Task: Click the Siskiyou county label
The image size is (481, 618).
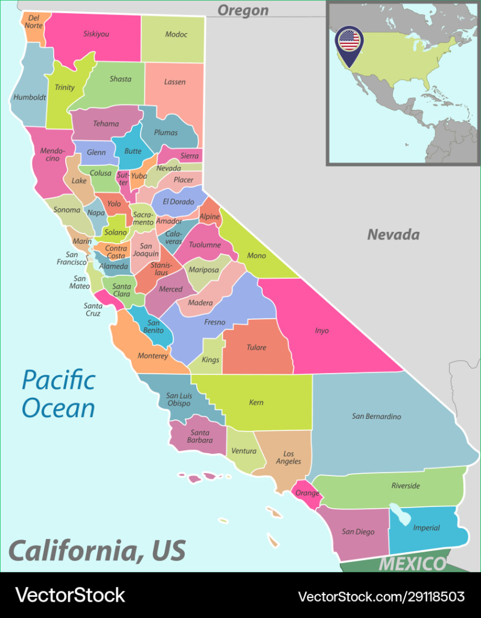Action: (96, 34)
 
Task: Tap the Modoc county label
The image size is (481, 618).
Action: (176, 34)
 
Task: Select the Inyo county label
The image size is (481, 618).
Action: (322, 331)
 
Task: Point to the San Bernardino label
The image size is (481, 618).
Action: (376, 416)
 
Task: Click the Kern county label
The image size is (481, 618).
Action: (256, 403)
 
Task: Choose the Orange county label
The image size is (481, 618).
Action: (307, 493)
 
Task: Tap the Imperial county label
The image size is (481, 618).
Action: (426, 528)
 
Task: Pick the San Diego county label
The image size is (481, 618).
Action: (358, 532)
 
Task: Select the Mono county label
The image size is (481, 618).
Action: (256, 256)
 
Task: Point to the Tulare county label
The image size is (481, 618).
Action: (256, 348)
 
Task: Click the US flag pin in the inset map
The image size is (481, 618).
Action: (349, 41)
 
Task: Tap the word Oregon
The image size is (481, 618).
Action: (243, 10)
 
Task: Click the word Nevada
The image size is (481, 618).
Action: (393, 234)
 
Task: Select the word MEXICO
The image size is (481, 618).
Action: (412, 564)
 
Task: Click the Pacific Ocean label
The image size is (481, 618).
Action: (59, 394)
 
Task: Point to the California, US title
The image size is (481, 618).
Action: (97, 550)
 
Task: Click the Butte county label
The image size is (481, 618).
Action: (133, 151)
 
